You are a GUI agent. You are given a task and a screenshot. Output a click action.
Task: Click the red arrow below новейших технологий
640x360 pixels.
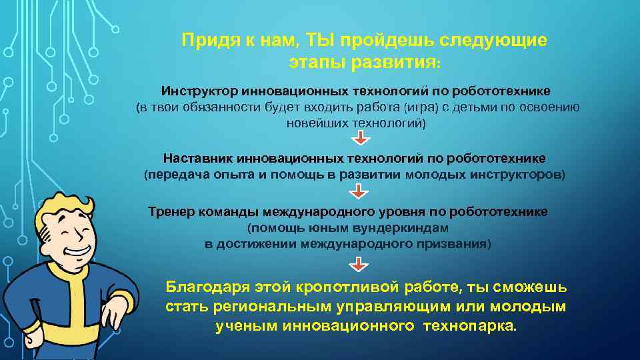[x=359, y=138]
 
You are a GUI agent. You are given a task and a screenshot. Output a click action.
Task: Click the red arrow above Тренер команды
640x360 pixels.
[x=359, y=192]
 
